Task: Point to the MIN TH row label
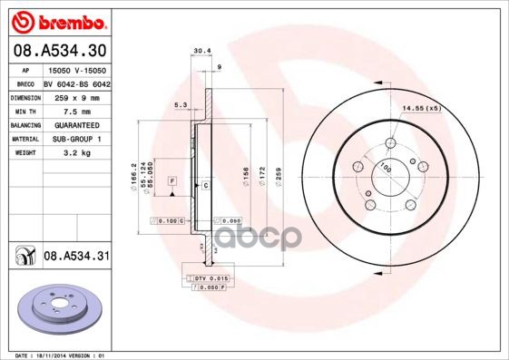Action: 24,110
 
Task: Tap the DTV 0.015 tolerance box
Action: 211,277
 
